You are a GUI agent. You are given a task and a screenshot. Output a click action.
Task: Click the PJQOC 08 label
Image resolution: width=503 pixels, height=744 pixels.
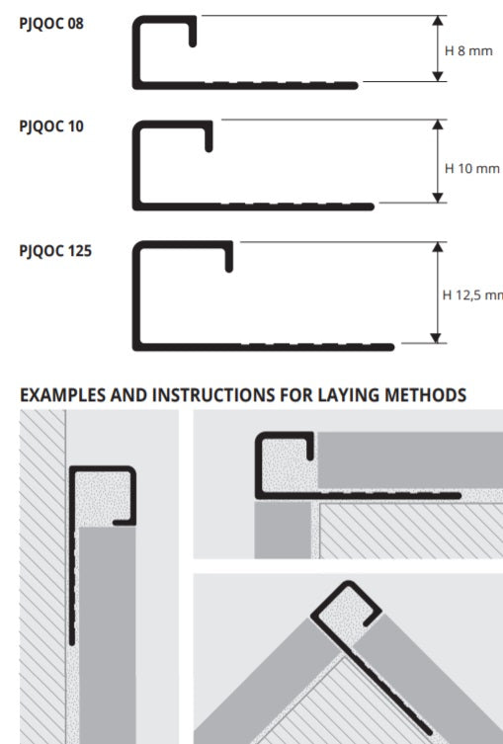(51, 24)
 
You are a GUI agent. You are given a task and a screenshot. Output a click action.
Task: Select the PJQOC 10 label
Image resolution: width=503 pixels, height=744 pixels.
(51, 126)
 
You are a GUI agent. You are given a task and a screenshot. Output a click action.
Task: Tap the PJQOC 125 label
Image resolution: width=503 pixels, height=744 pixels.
(55, 251)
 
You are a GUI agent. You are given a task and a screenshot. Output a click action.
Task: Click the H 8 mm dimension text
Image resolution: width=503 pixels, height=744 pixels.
(468, 50)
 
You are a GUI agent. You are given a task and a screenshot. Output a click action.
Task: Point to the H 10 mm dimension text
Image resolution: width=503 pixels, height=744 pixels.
(472, 168)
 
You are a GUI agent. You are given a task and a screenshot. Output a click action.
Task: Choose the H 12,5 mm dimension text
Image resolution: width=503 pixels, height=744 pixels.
(472, 295)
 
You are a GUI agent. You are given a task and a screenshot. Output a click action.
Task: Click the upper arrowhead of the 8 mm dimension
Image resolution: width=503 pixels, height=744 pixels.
(438, 21)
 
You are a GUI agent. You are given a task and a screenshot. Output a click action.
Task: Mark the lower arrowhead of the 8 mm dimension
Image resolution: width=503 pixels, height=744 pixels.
(438, 76)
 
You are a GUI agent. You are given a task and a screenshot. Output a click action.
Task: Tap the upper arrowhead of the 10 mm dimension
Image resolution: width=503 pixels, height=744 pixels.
(438, 124)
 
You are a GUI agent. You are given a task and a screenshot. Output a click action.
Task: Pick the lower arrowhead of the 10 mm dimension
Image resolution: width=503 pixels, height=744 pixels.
(438, 198)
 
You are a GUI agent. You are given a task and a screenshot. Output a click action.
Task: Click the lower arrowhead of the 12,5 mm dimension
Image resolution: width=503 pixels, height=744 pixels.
(436, 337)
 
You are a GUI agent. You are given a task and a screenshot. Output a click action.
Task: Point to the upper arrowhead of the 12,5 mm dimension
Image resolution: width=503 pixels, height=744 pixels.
(438, 247)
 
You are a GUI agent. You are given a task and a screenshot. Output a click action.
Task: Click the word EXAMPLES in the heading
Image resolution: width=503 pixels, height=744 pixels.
(62, 395)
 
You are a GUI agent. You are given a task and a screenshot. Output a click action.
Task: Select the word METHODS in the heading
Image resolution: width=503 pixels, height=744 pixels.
(425, 395)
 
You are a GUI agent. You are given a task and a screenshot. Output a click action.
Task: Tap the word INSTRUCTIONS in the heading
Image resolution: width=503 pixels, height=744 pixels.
(215, 395)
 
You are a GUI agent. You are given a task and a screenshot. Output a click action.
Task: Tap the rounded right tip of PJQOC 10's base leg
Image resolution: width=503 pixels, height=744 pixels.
(372, 207)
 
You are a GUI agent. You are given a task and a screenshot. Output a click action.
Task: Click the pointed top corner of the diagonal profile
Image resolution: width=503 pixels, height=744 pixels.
(349, 583)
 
